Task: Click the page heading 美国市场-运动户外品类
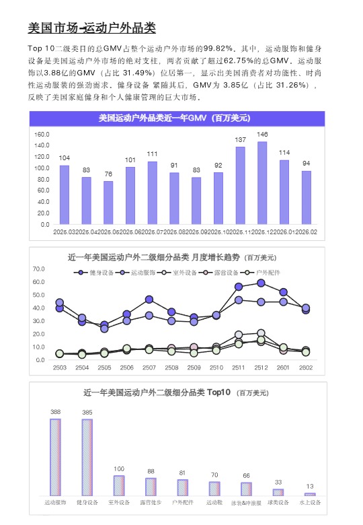click(x=91, y=28)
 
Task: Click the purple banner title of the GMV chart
click(x=174, y=118)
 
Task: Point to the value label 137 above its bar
click(x=240, y=140)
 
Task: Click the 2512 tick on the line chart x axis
click(x=261, y=368)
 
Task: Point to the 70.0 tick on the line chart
click(x=38, y=269)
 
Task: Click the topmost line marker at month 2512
click(x=261, y=283)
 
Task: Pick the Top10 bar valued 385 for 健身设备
click(x=87, y=458)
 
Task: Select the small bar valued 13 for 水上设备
click(x=310, y=494)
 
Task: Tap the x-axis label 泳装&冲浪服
click(x=245, y=503)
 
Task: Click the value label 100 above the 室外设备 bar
click(x=119, y=469)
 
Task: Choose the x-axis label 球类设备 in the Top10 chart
click(x=278, y=503)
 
